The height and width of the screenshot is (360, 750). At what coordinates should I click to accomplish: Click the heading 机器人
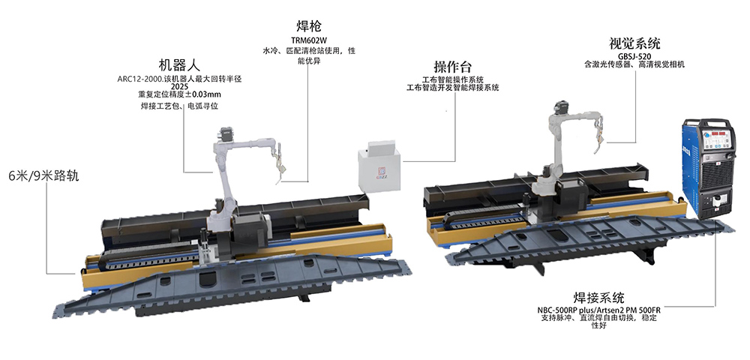coord(179,65)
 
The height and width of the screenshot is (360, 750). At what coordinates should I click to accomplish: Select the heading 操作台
coord(452,66)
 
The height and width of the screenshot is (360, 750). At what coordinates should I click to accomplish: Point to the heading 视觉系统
coord(634,43)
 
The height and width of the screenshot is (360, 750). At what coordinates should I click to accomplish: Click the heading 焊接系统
coord(598,298)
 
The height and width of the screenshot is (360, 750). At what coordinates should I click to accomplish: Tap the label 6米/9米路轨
coord(43,176)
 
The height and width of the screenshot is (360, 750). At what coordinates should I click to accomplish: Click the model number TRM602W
coord(308,41)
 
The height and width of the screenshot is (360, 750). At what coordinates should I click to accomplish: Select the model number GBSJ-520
coord(634,56)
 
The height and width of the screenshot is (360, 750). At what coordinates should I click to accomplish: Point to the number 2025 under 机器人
coord(179,87)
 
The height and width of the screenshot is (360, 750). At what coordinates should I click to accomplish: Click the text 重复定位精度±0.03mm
coord(179,94)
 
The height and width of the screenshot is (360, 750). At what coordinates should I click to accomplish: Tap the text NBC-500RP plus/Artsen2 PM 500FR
coord(598,310)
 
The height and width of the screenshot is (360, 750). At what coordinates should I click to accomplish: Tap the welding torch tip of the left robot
coord(277,181)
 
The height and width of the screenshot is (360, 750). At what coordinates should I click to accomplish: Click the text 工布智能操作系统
coord(452,79)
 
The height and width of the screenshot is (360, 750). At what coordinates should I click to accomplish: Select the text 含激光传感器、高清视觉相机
coord(634,64)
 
